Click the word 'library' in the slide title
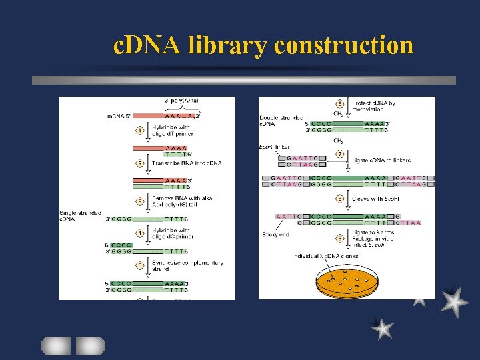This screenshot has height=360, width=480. pyautogui.click(x=229, y=46)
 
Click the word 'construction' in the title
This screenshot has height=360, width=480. pyautogui.click(x=343, y=45)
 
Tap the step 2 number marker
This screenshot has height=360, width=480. pyautogui.click(x=141, y=163)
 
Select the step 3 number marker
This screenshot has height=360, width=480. pyautogui.click(x=141, y=201)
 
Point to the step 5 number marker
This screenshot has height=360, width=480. pyautogui.click(x=141, y=264)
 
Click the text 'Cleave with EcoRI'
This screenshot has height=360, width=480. pyautogui.click(x=375, y=198)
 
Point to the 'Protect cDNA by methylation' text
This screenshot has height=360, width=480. pyautogui.click(x=373, y=107)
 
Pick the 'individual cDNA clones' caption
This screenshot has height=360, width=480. pyautogui.click(x=327, y=255)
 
